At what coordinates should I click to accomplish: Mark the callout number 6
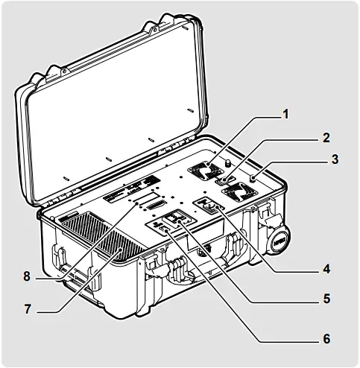(326, 337)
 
